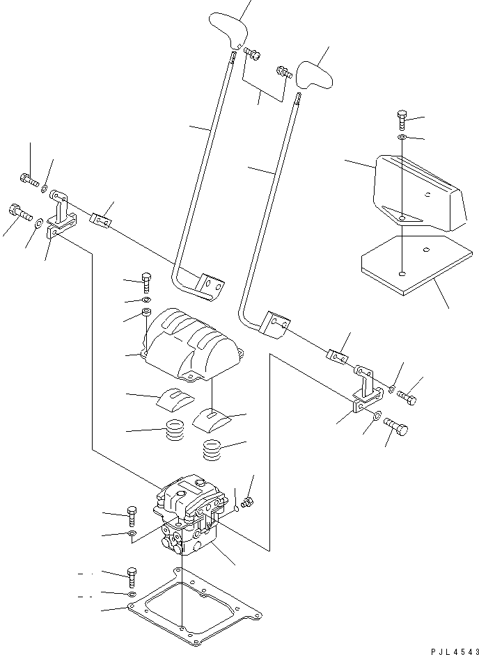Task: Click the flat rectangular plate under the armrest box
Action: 416,264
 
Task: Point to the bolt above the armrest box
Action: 401,120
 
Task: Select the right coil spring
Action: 213,449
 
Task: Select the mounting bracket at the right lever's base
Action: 368,389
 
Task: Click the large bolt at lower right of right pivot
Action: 395,426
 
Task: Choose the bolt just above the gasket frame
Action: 131,578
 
